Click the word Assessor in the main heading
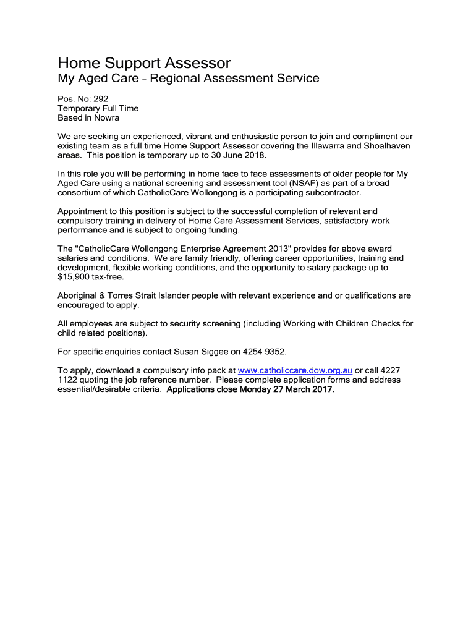(x=198, y=63)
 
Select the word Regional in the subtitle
(x=177, y=79)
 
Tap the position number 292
(x=101, y=98)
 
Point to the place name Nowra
(x=106, y=117)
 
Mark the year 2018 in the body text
(x=253, y=155)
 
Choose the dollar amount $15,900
(x=74, y=277)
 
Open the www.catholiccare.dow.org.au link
(x=295, y=370)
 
